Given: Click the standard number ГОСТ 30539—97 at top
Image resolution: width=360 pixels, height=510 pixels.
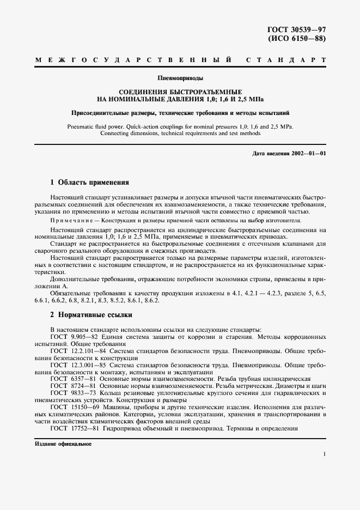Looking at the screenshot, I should click(x=298, y=29).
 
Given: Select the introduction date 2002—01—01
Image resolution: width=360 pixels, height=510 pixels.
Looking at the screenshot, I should click(x=308, y=153).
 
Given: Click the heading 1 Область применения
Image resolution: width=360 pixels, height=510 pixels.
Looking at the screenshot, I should click(x=89, y=183).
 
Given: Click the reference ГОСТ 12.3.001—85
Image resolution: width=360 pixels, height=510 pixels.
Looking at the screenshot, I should click(x=75, y=365).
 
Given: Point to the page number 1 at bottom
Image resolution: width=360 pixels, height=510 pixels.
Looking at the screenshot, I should click(x=324, y=453).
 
